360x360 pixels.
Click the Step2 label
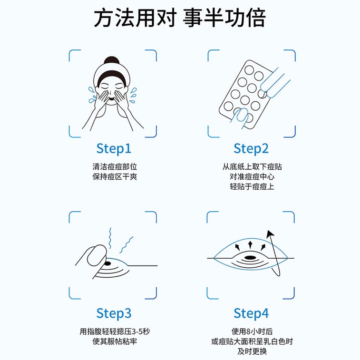tap(251, 148)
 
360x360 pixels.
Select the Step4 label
tap(251, 313)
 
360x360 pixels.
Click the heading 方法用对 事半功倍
tap(179, 18)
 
